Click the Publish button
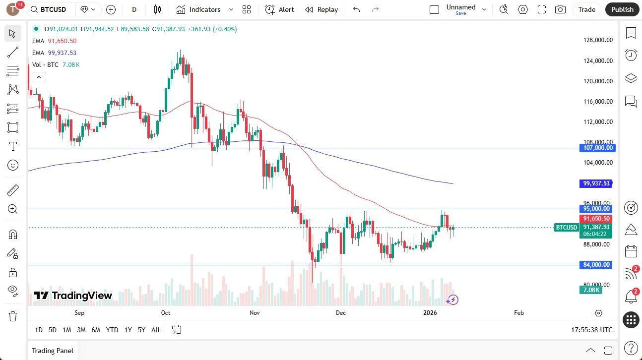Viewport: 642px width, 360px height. (622, 9)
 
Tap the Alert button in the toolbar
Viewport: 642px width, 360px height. (279, 9)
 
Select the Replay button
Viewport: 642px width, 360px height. (321, 9)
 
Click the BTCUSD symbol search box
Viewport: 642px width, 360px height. (50, 9)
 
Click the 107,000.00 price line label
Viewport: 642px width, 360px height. (597, 148)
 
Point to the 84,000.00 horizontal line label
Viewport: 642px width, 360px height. (596, 265)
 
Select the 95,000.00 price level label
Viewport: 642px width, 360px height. (596, 209)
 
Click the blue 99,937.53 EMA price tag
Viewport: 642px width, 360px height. (596, 183)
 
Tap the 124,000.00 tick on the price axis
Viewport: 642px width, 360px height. (598, 60)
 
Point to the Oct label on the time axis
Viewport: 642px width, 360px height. (166, 313)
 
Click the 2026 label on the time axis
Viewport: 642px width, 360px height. (430, 313)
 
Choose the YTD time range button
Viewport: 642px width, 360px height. (112, 330)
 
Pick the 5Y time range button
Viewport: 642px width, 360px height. (141, 330)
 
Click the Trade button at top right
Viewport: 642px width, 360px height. (587, 9)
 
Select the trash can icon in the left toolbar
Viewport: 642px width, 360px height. (12, 316)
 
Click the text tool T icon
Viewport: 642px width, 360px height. (13, 146)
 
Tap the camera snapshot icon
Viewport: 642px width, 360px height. (560, 9)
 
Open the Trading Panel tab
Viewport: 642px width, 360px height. (53, 351)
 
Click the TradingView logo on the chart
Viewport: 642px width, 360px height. (72, 296)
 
